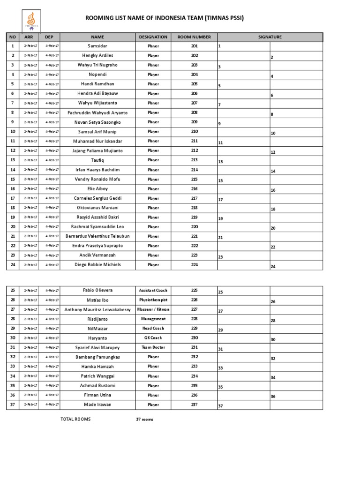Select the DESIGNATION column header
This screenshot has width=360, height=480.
point(153,37)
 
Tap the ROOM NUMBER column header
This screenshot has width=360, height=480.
point(194,37)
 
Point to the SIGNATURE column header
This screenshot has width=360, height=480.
point(270,37)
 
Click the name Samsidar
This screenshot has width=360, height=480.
point(97,46)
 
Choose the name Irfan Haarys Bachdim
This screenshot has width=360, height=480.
point(97,170)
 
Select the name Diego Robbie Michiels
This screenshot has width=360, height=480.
point(97,265)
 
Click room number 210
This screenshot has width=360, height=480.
point(195,132)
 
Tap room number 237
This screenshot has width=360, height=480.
point(195,405)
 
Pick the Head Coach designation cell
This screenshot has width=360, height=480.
point(153,329)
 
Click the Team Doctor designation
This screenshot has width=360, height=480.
point(153,347)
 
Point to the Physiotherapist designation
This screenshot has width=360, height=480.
point(153,300)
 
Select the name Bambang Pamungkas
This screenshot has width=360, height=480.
point(97,357)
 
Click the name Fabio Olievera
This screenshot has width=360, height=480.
point(97,291)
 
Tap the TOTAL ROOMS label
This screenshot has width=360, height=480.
point(76,419)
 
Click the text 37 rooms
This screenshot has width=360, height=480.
point(144,420)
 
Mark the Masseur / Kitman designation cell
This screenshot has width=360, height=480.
point(153,309)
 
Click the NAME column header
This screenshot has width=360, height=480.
point(97,37)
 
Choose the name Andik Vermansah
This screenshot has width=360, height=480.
point(97,255)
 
